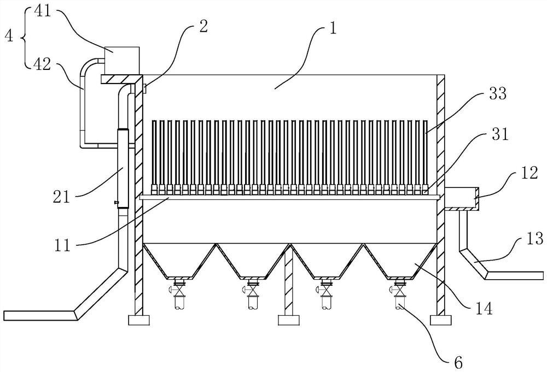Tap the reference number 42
(42, 64)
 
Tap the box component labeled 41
(121, 59)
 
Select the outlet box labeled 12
(462, 197)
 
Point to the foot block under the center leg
(288, 320)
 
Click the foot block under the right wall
(441, 320)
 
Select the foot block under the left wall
(138, 320)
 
